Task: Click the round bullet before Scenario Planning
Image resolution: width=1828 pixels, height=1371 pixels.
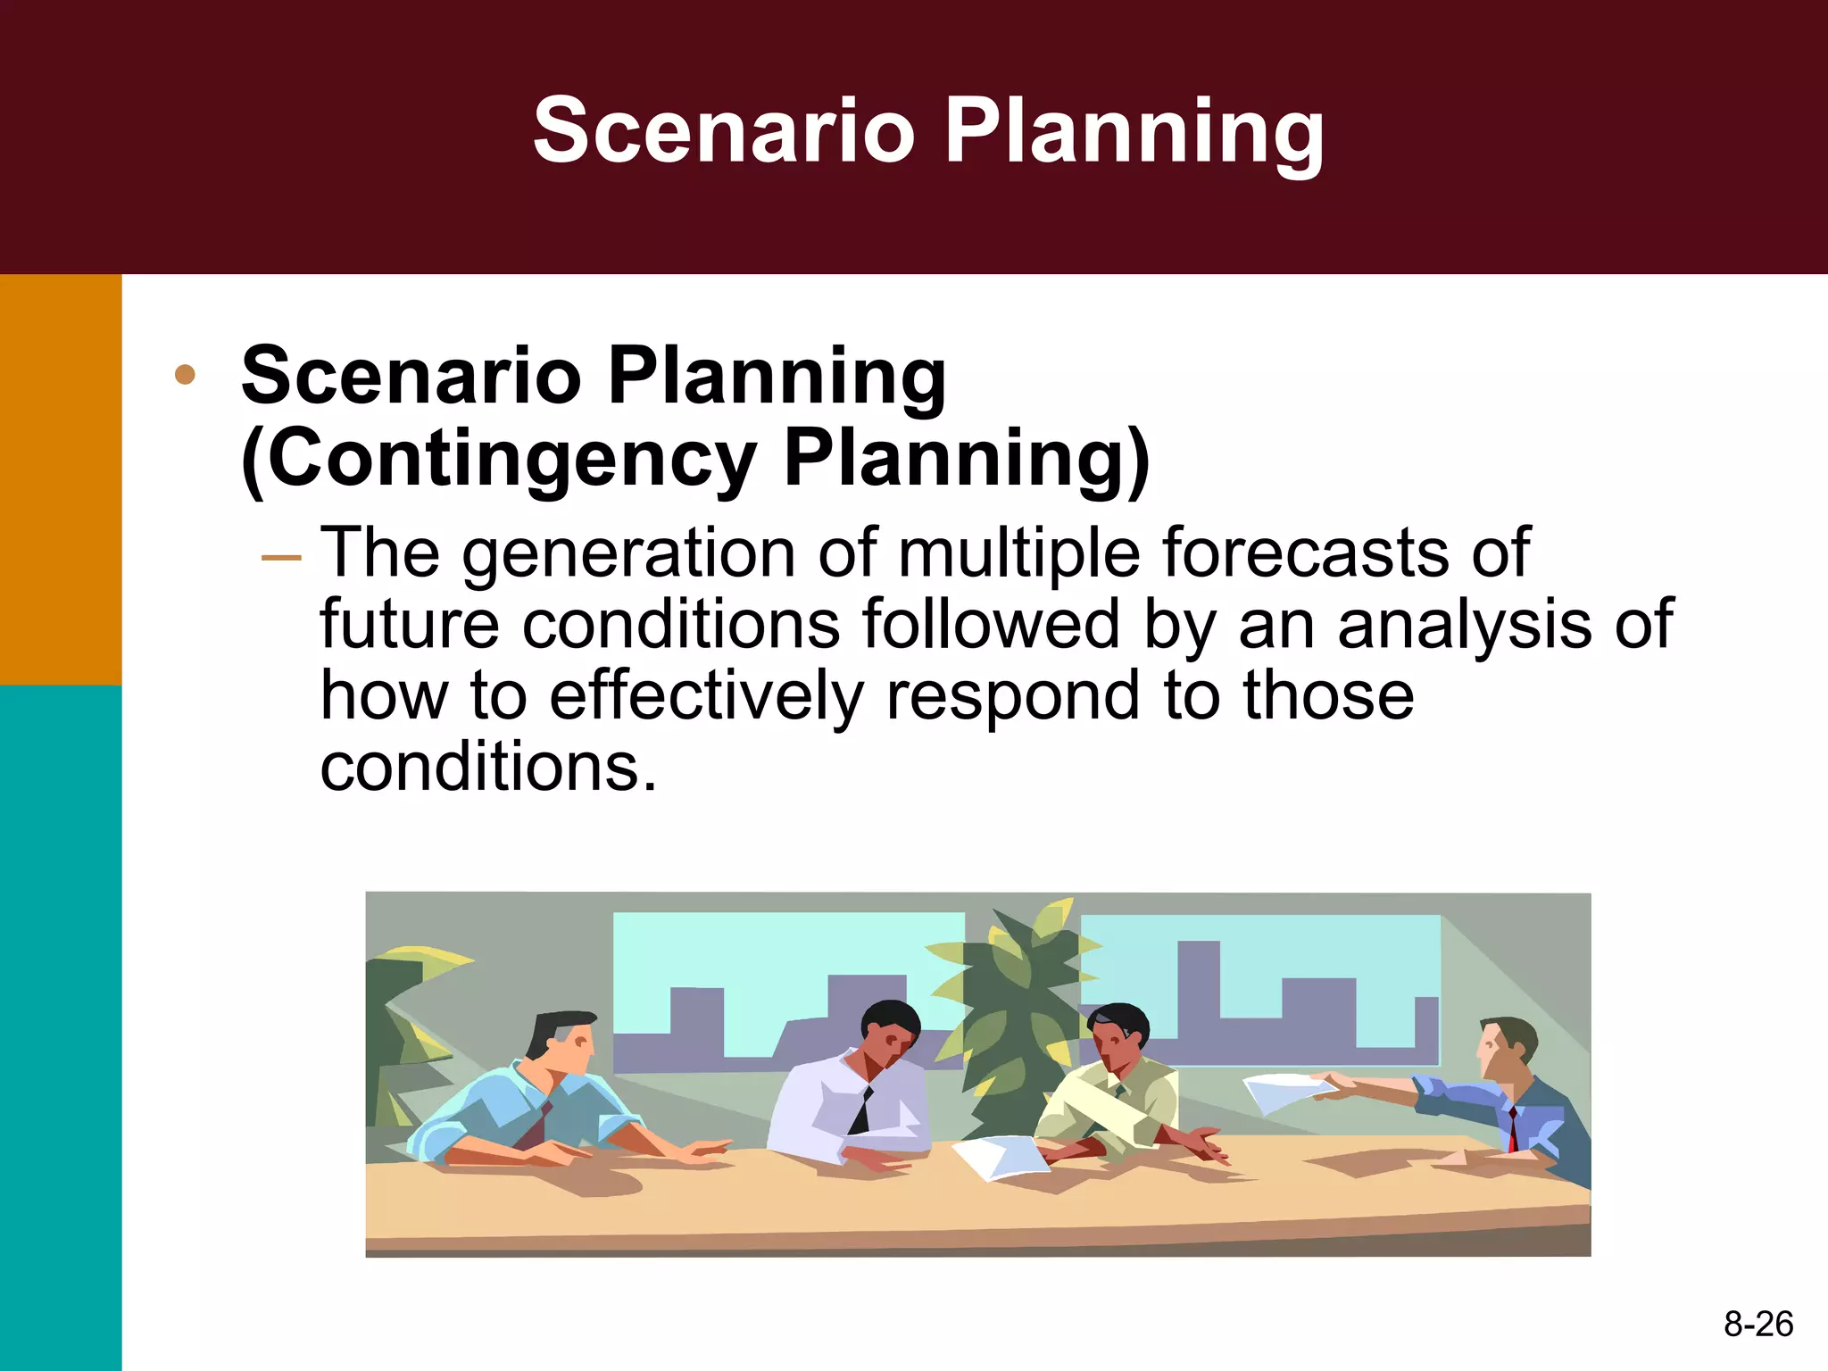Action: coord(185,375)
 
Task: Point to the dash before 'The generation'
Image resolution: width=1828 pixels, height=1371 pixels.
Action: coord(281,558)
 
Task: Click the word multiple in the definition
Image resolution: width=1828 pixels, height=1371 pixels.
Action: coord(1018,553)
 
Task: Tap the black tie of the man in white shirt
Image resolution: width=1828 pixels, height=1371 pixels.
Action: coord(862,1111)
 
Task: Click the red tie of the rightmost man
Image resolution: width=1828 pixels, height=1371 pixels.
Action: coord(1513,1129)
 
